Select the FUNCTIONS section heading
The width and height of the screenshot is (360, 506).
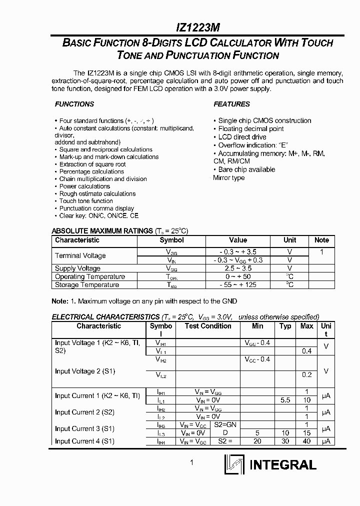click(x=74, y=104)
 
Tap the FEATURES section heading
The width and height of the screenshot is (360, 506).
click(x=231, y=104)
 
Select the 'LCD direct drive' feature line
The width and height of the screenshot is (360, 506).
click(x=242, y=137)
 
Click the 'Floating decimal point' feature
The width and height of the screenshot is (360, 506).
click(x=250, y=128)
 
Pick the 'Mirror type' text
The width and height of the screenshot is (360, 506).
click(x=228, y=177)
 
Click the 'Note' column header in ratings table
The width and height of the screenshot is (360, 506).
click(x=321, y=240)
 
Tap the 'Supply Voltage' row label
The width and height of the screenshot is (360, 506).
click(x=77, y=268)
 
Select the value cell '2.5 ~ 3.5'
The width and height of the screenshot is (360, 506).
click(x=237, y=268)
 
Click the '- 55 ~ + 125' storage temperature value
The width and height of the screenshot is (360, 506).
click(x=237, y=284)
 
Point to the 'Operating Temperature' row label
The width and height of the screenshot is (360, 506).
click(x=90, y=276)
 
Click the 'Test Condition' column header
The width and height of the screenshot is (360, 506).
click(x=208, y=326)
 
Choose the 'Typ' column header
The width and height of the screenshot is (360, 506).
click(x=285, y=326)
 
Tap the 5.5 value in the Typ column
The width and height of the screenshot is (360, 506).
click(x=285, y=400)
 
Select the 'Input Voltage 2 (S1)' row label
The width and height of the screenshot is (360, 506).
click(x=84, y=371)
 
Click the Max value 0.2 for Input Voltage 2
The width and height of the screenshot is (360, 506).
click(x=306, y=374)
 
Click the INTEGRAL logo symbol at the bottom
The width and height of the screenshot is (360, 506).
click(x=233, y=464)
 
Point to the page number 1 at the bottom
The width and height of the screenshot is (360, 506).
click(x=191, y=462)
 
